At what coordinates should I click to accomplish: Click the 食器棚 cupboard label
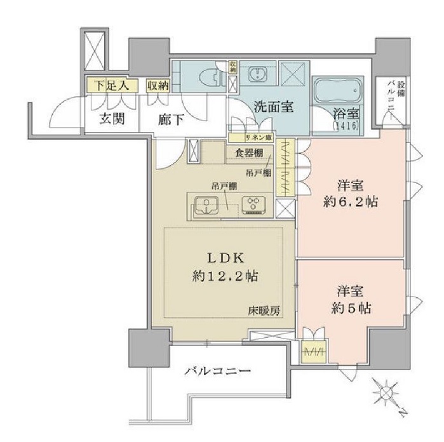tap(248, 153)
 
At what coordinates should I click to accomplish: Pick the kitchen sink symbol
tap(205, 204)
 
